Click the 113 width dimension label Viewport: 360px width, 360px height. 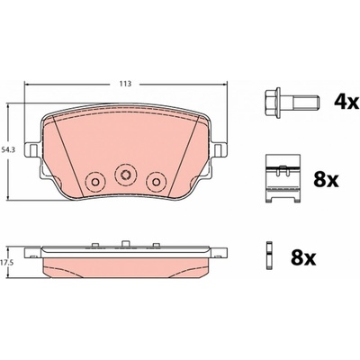tap(125, 84)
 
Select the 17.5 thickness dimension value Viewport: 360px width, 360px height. tap(7, 262)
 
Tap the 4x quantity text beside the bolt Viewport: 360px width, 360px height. tap(346, 103)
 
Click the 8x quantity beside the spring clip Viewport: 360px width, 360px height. tap(326, 180)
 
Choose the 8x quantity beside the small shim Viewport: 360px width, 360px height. tap(303, 257)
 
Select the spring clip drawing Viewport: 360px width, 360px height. tap(283, 179)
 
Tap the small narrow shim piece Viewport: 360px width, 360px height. tap(270, 256)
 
